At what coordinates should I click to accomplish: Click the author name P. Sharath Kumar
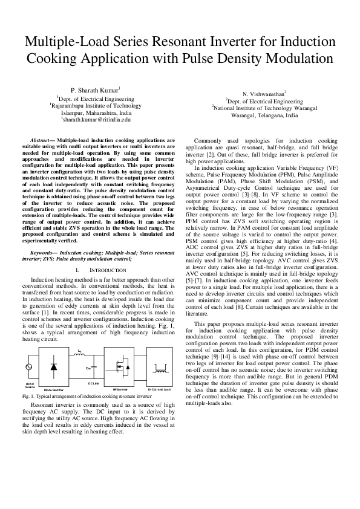click(x=95, y=89)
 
